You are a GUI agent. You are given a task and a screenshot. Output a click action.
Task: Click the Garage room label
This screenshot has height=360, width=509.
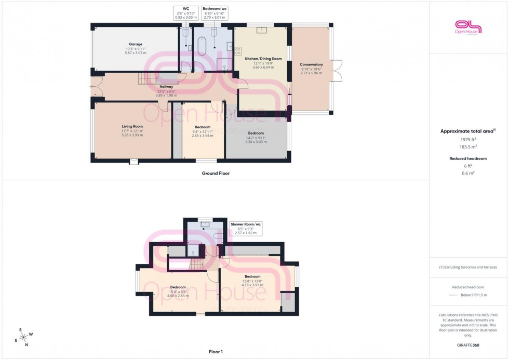click(x=136, y=44)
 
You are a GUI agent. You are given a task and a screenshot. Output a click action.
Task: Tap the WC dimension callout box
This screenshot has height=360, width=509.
click(x=186, y=13)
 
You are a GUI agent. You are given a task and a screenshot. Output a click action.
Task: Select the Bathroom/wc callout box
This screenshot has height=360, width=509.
click(x=215, y=13)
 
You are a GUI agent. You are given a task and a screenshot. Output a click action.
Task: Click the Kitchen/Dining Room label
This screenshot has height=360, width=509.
click(x=263, y=59)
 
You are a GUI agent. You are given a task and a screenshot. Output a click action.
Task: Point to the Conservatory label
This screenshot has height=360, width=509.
click(x=311, y=64)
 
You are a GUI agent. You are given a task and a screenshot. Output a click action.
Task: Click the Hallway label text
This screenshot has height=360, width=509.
click(x=166, y=87)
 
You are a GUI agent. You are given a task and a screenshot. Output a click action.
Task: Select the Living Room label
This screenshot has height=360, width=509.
click(x=132, y=126)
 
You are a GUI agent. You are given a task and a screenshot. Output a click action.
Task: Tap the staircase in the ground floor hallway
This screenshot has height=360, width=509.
click(x=147, y=78)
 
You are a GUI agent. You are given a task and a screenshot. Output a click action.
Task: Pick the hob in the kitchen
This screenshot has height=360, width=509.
click(x=238, y=51)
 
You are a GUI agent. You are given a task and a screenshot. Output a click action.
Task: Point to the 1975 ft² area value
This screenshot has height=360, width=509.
click(x=468, y=140)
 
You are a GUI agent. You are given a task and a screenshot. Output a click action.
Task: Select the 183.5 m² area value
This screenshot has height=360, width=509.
click(x=468, y=147)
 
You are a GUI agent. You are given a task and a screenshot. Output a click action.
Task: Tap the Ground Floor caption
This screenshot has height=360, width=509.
click(x=215, y=174)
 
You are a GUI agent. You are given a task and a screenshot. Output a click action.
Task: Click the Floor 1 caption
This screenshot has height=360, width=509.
click(x=215, y=352)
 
